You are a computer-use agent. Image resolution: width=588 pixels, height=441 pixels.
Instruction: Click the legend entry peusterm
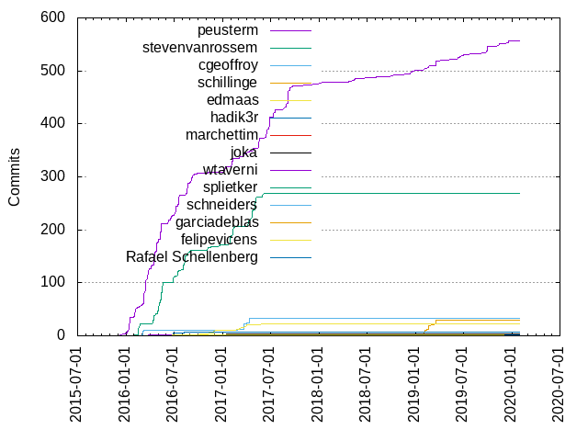(228, 30)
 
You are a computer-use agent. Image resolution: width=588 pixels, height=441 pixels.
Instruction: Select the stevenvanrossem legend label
(200, 48)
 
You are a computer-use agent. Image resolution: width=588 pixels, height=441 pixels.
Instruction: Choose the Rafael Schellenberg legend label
(192, 257)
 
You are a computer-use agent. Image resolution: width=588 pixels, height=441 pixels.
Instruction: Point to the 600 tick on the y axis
(52, 17)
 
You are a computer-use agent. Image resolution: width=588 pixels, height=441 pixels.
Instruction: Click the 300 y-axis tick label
(52, 176)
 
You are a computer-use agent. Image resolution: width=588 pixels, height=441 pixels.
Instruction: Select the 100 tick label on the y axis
(52, 283)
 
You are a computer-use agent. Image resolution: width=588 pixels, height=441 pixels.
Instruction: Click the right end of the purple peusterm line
(520, 40)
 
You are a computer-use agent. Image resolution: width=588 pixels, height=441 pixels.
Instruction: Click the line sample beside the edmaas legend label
(290, 100)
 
